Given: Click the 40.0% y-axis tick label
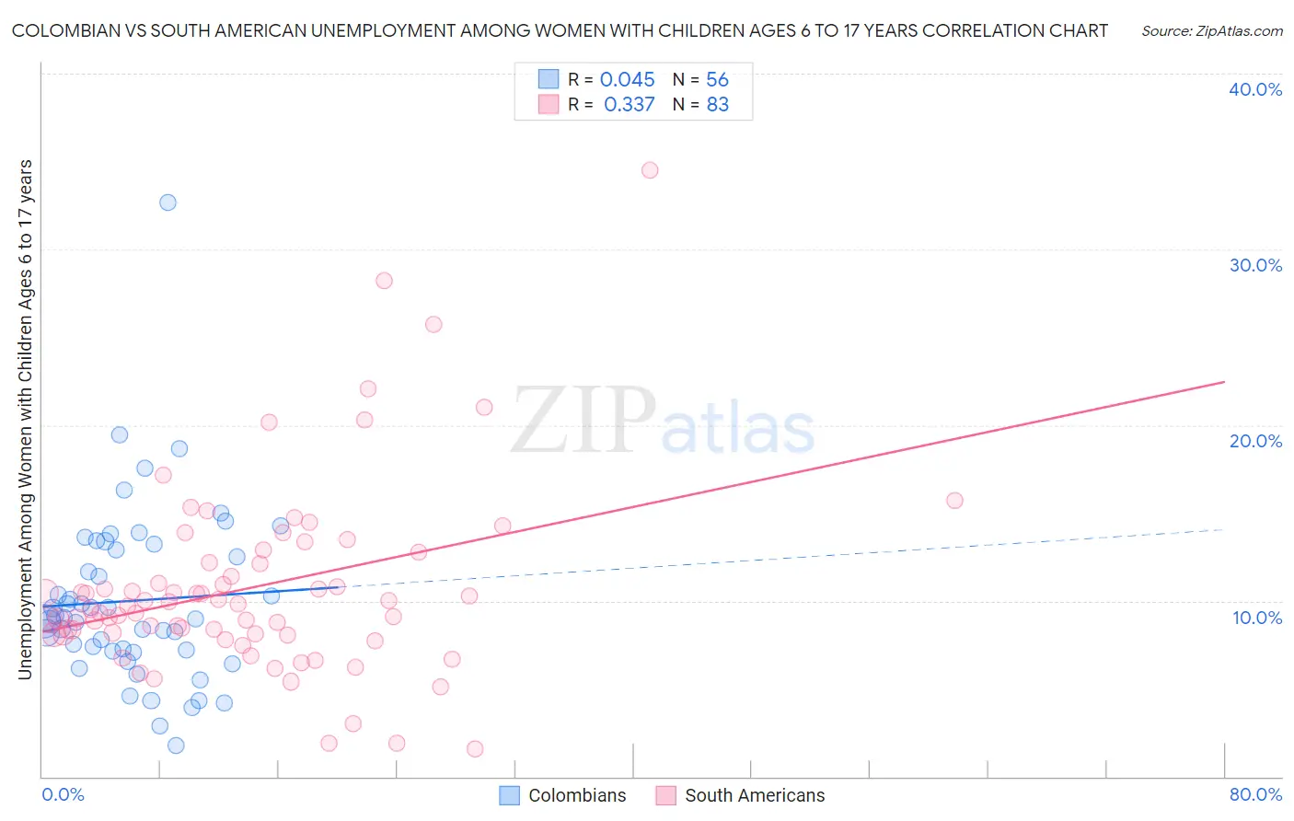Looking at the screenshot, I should tap(1255, 89).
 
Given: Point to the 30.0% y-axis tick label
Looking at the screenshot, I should tap(1255, 265).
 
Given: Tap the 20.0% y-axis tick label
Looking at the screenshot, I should tap(1255, 441).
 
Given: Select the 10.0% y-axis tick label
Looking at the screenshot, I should tap(1257, 618).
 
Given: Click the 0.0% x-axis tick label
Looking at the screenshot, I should tap(63, 794).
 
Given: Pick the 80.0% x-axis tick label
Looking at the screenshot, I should tap(1255, 794).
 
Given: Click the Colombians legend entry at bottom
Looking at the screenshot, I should tap(563, 795).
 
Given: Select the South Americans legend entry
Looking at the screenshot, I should tap(741, 795).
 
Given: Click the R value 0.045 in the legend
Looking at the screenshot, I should tap(627, 80).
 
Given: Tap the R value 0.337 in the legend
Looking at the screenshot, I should tap(629, 105).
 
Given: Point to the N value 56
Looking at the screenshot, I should tap(717, 80).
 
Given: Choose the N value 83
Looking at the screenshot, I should tap(717, 105).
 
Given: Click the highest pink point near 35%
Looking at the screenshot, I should tap(650, 170).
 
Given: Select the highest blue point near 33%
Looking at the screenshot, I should tap(168, 202).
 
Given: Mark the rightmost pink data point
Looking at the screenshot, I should tap(954, 501).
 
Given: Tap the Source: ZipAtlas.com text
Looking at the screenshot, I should tap(1211, 30).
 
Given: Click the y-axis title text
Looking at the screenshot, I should tap(25, 419).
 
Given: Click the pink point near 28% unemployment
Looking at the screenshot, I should tap(384, 281).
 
